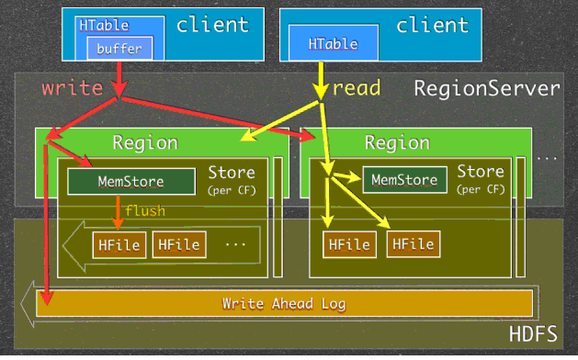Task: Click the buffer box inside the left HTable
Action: click(x=119, y=48)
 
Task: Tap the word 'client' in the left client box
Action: click(x=212, y=25)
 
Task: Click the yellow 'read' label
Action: click(x=357, y=88)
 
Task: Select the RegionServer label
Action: click(x=486, y=89)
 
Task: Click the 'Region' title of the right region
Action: click(x=396, y=142)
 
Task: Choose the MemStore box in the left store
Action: click(x=130, y=181)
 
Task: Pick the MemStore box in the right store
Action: click(x=404, y=180)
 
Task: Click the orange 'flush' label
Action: click(x=145, y=211)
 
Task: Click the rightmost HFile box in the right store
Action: click(x=413, y=244)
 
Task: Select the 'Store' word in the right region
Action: click(x=480, y=172)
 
